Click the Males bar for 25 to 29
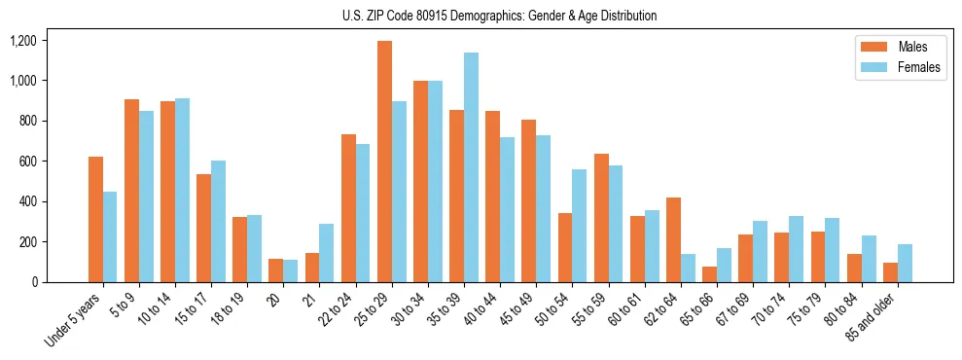384,162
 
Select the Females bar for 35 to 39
471,167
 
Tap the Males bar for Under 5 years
95,219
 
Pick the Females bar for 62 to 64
688,268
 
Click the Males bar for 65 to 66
709,274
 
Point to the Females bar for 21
326,253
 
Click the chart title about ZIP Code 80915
499,16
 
